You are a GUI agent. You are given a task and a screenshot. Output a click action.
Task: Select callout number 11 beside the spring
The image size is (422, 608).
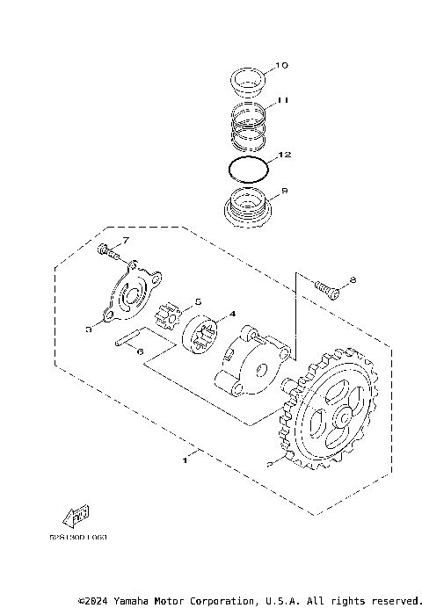tap(283, 102)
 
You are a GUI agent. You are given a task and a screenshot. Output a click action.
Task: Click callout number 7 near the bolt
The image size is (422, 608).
tap(126, 240)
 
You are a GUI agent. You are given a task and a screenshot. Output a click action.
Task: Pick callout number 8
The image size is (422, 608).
tap(352, 280)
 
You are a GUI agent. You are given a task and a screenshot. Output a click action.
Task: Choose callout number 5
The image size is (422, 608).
tap(199, 301)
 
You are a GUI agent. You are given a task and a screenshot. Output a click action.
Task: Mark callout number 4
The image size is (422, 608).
tap(232, 313)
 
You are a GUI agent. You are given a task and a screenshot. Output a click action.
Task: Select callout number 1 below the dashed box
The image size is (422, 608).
tap(186, 459)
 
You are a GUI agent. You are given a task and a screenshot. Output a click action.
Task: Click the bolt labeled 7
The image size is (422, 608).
tap(108, 251)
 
